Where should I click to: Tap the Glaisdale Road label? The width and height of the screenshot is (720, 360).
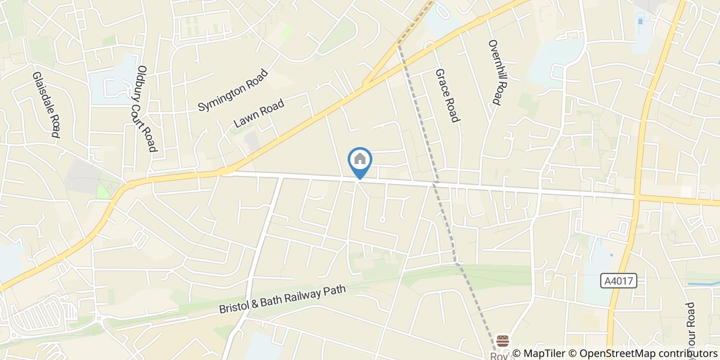(x=46, y=104)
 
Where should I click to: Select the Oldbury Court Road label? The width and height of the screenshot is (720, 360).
(x=147, y=109)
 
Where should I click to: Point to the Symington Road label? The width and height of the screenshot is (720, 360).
(x=233, y=91)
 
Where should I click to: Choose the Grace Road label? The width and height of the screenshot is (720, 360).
(x=446, y=96)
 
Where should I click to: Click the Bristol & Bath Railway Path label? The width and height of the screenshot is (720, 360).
(x=282, y=300)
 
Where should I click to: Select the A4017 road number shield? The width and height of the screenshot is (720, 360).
(x=618, y=281)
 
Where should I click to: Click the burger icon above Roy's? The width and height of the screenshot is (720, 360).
(x=502, y=340)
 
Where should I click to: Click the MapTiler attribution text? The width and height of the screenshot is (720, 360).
(x=543, y=353)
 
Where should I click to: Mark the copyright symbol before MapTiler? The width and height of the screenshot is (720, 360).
(x=516, y=353)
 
